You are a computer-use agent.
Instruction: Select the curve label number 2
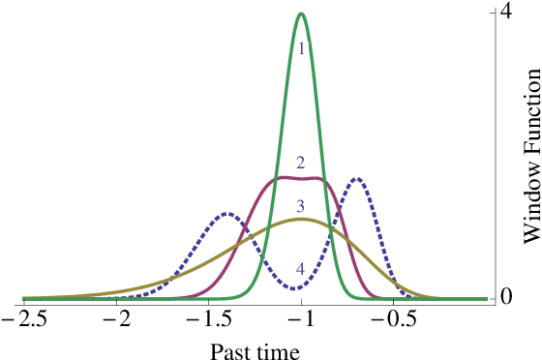301,162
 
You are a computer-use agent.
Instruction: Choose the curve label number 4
301,269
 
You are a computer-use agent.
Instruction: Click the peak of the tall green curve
302,14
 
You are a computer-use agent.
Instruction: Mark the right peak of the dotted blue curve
358,178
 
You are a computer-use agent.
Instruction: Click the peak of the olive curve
302,219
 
